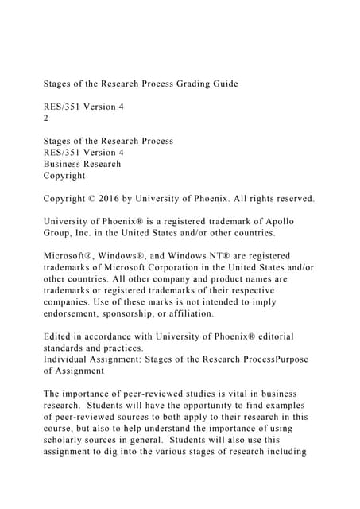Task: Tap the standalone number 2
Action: click(46, 118)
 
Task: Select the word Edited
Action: click(60, 337)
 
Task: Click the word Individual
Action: click(72, 360)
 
